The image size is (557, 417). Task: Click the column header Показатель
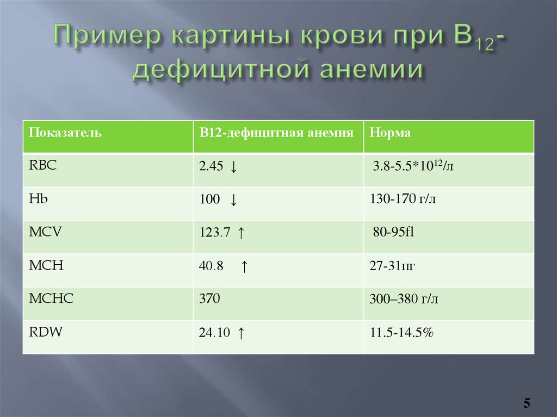coord(65,133)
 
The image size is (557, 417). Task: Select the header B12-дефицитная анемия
coord(276,133)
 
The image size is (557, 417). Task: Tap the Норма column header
coord(390,133)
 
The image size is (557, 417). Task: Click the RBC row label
coord(42,165)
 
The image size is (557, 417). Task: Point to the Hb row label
coord(38,198)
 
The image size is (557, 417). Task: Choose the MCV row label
coord(45,232)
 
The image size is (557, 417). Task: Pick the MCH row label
coord(46,265)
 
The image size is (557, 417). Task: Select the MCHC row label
coord(51,298)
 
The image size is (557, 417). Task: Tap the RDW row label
coord(46,332)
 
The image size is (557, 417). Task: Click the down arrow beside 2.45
coord(233,166)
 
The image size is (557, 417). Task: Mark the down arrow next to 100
coord(233,200)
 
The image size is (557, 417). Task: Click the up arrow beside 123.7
coord(241,233)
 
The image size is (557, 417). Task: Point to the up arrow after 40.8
coord(244,266)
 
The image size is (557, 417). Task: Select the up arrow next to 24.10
coord(241,333)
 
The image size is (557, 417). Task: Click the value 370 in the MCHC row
coord(209,298)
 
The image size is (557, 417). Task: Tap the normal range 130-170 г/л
coord(403,199)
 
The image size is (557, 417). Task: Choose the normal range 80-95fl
coord(393,232)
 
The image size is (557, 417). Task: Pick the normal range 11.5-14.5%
coord(401,333)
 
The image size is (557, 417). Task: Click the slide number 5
coord(527,403)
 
